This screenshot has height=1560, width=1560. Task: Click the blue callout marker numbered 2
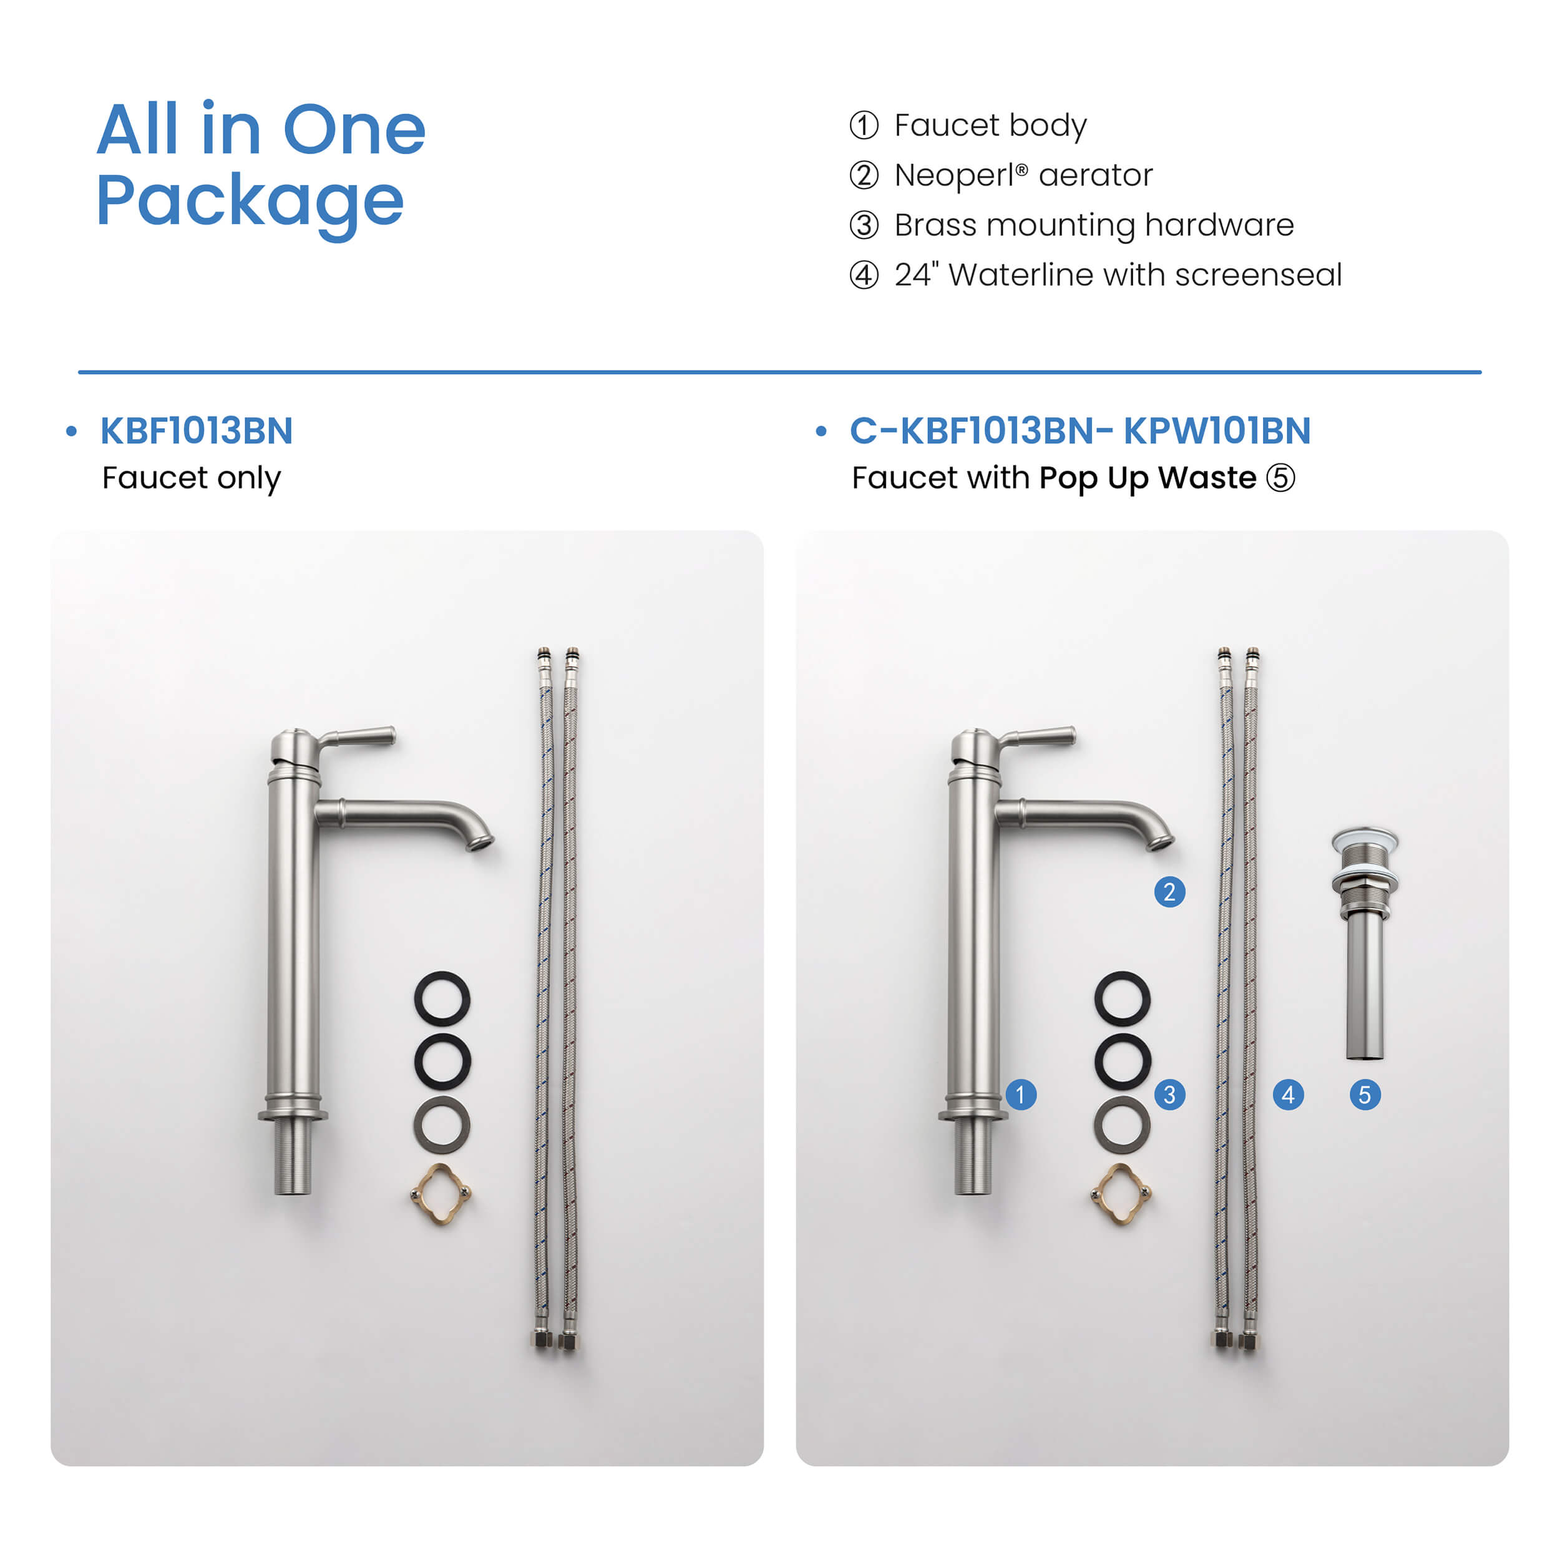(1169, 892)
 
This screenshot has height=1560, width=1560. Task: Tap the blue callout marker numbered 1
(1021, 1095)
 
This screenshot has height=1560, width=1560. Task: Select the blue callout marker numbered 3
(1169, 1095)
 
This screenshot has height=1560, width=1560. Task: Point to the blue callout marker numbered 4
(1288, 1095)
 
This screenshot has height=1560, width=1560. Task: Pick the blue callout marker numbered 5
(1365, 1095)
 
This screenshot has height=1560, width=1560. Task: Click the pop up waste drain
(1365, 943)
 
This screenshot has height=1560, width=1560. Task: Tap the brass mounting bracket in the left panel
(442, 1194)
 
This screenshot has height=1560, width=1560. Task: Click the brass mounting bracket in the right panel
(1121, 1194)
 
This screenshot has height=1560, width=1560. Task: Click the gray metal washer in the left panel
(442, 1124)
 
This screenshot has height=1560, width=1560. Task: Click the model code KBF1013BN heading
(196, 431)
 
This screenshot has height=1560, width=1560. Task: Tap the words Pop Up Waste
(1148, 478)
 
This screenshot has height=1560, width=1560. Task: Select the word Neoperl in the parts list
(955, 175)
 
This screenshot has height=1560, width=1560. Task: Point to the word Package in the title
(250, 202)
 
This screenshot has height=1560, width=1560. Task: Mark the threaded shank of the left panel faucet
(292, 1157)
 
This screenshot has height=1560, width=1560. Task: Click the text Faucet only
(192, 479)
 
